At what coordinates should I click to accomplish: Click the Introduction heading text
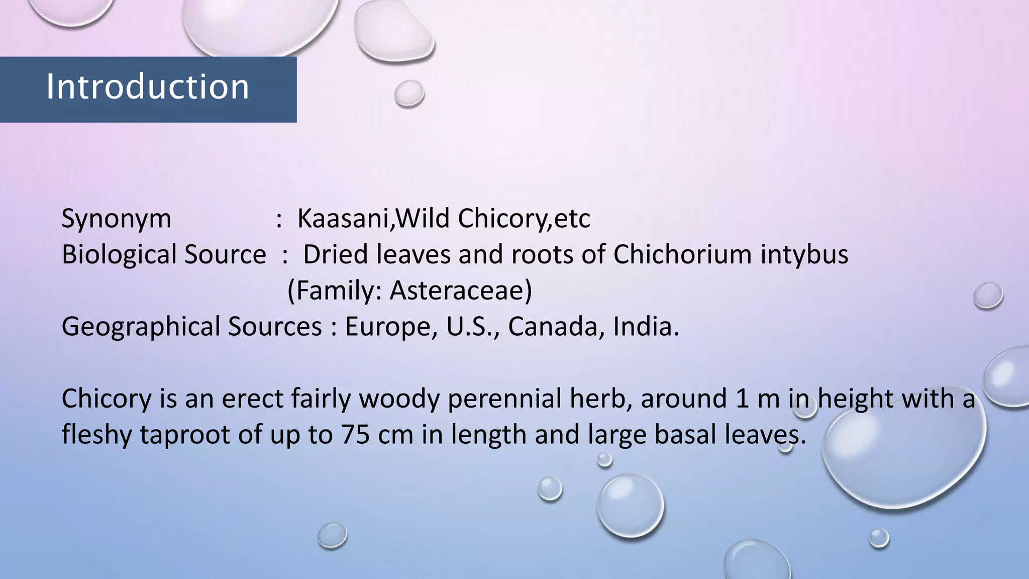(x=148, y=87)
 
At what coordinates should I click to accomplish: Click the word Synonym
(x=116, y=219)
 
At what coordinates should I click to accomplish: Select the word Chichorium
(x=682, y=254)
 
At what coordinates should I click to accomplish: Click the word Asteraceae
(x=461, y=291)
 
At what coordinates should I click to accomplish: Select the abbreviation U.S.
(x=472, y=327)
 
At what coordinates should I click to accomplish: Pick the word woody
(x=399, y=399)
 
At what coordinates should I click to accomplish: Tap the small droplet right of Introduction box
(x=409, y=93)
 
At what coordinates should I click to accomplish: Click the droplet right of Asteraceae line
(x=988, y=296)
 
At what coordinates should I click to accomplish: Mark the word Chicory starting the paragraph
(x=106, y=399)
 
